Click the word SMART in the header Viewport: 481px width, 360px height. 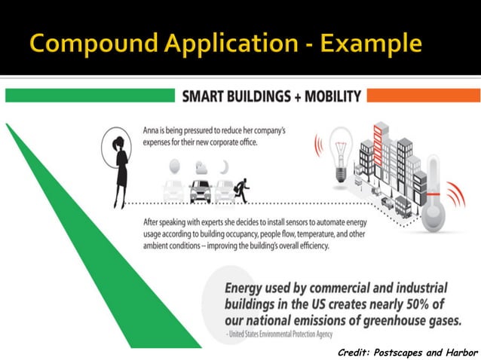point(204,96)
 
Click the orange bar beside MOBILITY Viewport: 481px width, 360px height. point(423,96)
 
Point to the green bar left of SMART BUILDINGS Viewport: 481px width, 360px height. point(90,96)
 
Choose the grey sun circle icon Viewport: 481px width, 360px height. point(174,165)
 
